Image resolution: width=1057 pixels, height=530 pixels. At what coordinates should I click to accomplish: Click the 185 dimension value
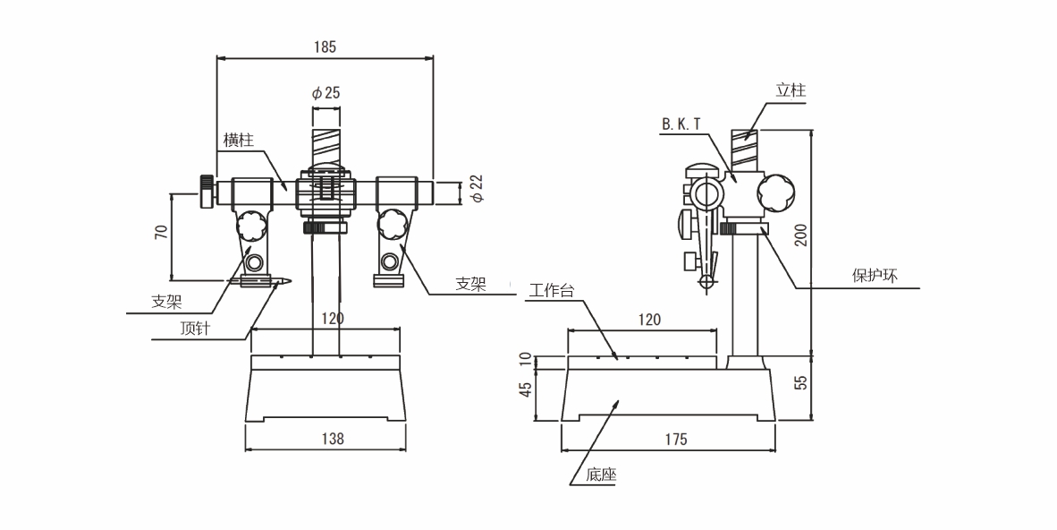(326, 47)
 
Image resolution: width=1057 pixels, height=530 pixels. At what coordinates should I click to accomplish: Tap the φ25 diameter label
(326, 92)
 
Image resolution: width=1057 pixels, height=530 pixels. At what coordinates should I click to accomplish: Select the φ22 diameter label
(476, 190)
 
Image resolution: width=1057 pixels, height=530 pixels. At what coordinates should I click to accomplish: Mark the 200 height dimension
(801, 234)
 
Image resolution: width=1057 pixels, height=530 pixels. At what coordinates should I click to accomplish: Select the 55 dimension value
(801, 382)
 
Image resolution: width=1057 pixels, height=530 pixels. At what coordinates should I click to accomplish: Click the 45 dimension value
(526, 389)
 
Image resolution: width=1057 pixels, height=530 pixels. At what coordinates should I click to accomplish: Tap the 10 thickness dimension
(526, 360)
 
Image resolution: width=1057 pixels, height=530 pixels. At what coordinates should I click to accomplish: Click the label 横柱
(239, 140)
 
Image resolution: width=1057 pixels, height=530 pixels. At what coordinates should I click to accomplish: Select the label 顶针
(194, 329)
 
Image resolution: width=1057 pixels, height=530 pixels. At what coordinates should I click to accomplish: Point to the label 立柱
(791, 90)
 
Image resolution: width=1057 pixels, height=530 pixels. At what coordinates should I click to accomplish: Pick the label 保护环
(873, 276)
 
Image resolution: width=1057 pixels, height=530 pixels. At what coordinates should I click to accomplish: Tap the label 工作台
(550, 290)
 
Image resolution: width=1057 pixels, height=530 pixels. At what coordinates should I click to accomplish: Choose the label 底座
(602, 475)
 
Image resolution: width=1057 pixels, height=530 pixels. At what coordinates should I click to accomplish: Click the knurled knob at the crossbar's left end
(207, 192)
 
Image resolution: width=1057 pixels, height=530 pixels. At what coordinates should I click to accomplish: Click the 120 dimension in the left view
(333, 319)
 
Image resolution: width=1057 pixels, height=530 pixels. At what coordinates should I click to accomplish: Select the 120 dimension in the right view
(649, 319)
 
